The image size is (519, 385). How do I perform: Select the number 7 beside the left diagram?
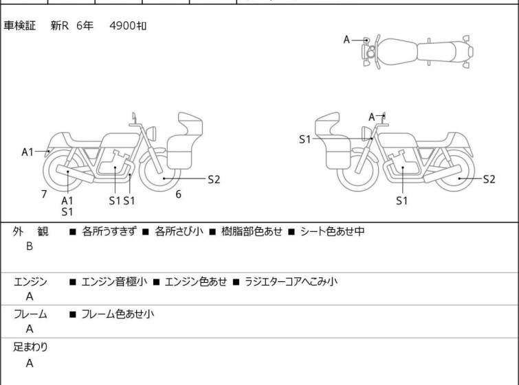coord(44,194)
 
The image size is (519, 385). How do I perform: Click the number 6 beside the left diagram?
coord(178,194)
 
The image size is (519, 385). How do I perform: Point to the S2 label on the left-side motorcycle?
coord(214,179)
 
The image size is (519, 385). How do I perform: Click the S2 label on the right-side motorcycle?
coord(489,179)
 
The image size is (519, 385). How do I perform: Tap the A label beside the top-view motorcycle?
coord(347,40)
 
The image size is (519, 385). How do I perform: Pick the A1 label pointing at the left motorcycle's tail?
coord(27,152)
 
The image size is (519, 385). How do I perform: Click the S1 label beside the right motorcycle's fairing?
coord(305,139)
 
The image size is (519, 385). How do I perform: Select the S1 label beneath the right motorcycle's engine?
coord(402,200)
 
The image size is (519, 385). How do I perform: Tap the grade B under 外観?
coord(30,246)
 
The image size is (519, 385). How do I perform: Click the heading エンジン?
coord(31,281)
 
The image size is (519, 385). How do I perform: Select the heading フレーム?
coord(31,314)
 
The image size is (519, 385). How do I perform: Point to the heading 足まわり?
coord(31,347)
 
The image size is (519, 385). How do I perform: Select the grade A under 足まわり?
coord(30,364)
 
